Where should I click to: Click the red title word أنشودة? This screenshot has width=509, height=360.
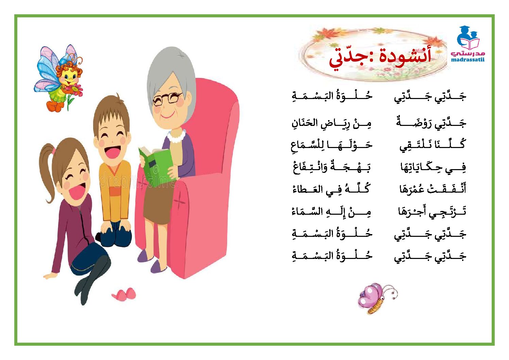tap(405, 55)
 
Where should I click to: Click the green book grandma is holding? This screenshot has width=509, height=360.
tap(157, 166)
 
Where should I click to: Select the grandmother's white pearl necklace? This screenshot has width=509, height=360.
tap(176, 136)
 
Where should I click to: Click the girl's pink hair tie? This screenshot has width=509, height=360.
tap(54, 151)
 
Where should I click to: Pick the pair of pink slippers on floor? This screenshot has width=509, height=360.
tap(124, 294)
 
